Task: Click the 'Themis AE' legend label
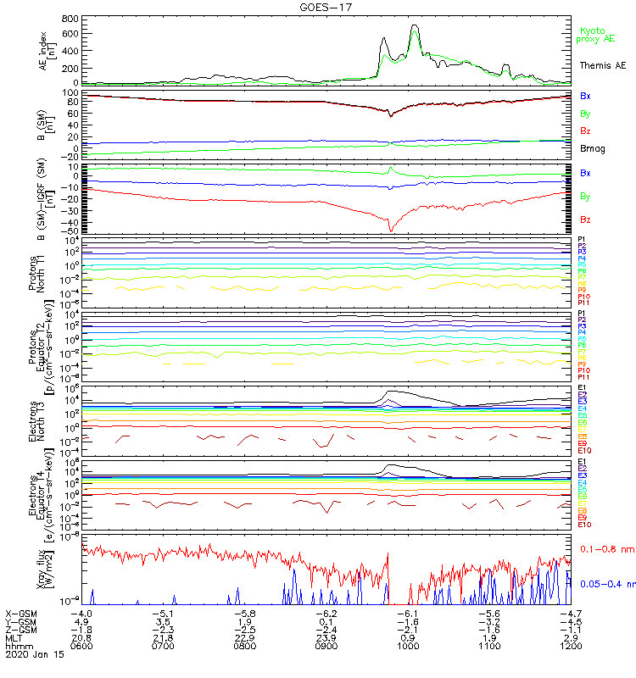coord(602,65)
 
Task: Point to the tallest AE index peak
coord(415,25)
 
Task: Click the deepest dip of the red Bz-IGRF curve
coord(390,231)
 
